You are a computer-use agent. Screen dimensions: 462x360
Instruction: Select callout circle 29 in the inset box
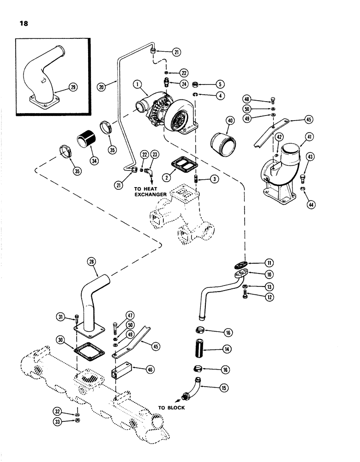click(x=72, y=87)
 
